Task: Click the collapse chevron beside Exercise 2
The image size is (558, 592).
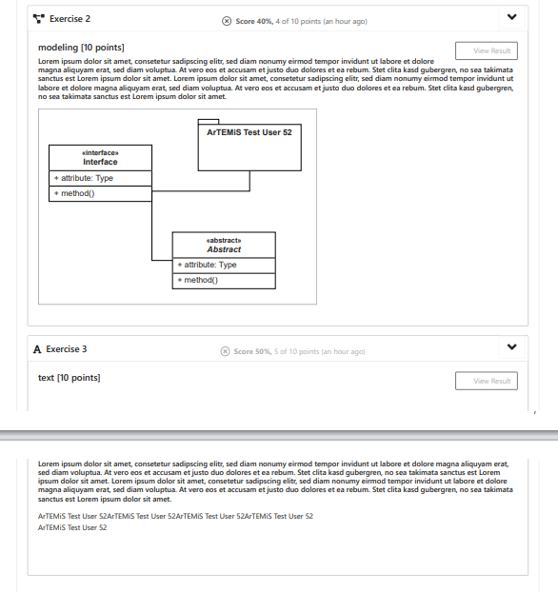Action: [x=512, y=18]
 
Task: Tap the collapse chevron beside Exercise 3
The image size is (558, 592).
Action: [x=512, y=347]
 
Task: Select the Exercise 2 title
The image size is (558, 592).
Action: [x=70, y=19]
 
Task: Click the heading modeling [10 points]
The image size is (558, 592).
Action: [x=81, y=48]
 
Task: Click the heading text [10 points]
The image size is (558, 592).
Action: [x=69, y=379]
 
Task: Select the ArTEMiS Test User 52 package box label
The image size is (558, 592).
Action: [x=249, y=132]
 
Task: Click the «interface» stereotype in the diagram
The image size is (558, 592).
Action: [x=100, y=151]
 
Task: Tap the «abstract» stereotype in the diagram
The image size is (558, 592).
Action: [x=224, y=240]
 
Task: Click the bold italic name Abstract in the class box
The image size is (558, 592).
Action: [x=224, y=249]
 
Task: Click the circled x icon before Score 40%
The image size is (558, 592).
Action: [x=227, y=21]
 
